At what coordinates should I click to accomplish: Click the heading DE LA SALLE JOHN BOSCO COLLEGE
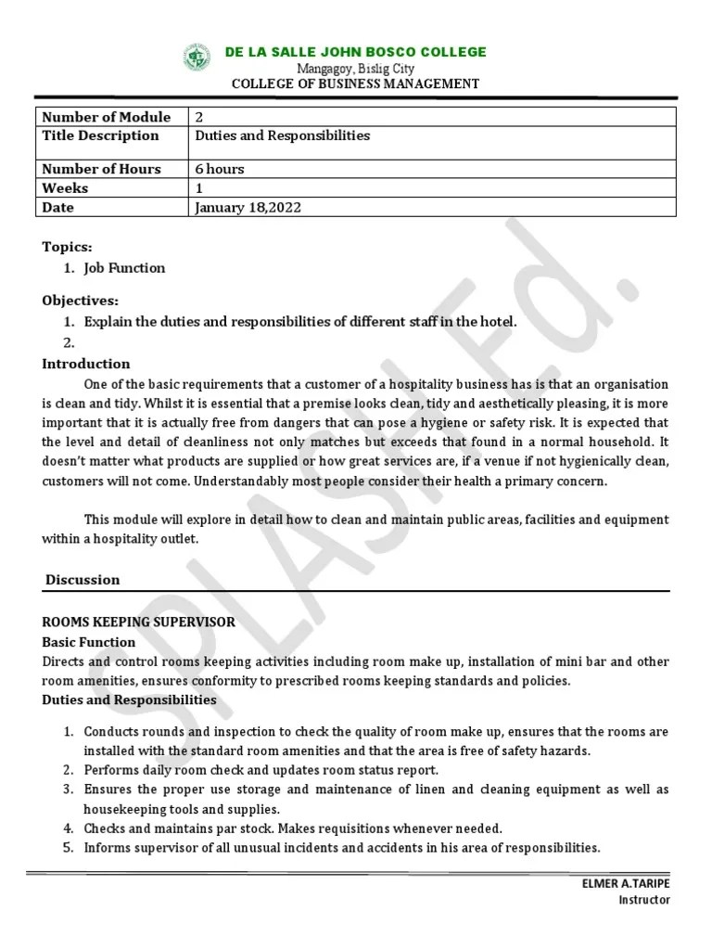tap(356, 52)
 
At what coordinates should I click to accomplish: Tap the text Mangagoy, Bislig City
tap(355, 69)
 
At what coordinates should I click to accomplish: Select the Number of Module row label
tap(107, 117)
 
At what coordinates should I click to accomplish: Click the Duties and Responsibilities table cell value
tap(282, 135)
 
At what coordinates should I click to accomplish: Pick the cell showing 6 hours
tap(220, 169)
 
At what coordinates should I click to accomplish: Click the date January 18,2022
tap(248, 208)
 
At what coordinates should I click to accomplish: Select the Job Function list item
tap(124, 268)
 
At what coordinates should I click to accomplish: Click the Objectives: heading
tap(81, 302)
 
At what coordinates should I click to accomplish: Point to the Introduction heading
tap(86, 364)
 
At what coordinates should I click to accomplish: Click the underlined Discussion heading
tap(83, 580)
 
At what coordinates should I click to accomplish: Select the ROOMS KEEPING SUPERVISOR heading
tap(139, 623)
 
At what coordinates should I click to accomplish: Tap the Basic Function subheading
tap(89, 642)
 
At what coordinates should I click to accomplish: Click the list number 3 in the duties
tap(69, 790)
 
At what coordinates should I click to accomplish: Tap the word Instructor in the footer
tap(644, 900)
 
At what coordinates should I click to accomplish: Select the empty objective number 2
tap(69, 342)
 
